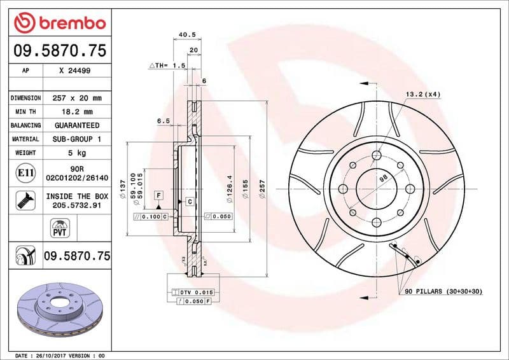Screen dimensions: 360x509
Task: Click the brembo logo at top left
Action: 59,24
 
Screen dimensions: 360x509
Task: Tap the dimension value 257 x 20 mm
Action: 74,98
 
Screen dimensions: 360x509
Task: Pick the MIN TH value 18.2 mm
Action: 74,112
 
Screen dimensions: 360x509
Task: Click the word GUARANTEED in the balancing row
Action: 76,125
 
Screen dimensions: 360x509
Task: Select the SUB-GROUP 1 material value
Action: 76,139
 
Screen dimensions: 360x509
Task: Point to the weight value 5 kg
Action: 74,153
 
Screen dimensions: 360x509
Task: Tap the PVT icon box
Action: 59,227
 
